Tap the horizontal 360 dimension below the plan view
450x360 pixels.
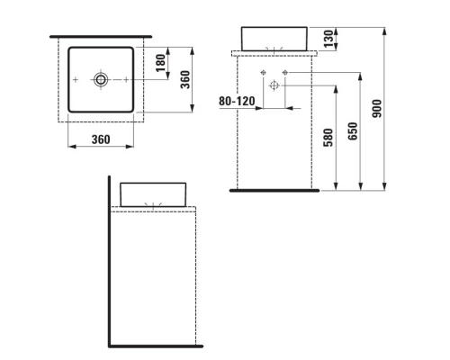[x=101, y=139]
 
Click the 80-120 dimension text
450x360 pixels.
[x=237, y=102]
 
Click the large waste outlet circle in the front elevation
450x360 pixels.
[x=275, y=85]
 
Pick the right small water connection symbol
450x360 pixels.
[x=286, y=72]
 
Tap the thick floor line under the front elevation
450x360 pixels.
[x=271, y=191]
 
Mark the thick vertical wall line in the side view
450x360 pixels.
[x=110, y=261]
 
